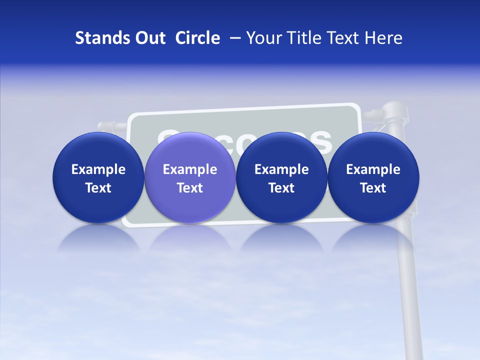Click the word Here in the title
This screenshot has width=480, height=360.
(384, 38)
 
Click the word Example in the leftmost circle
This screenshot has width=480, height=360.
(98, 169)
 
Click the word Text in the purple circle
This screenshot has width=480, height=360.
(190, 188)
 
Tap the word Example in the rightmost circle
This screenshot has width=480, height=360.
(373, 169)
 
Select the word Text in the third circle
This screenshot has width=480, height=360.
(281, 188)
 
